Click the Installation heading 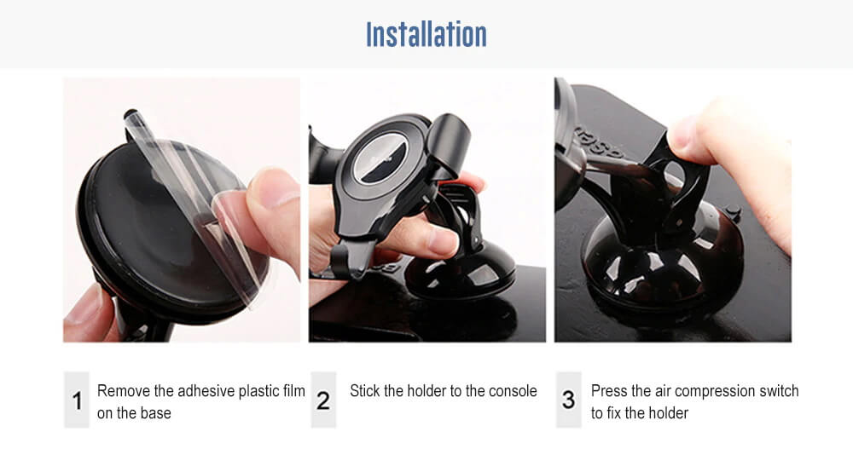pyautogui.click(x=426, y=34)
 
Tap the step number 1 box pyautogui.click(x=77, y=400)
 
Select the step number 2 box pyautogui.click(x=323, y=400)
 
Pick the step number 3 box pyautogui.click(x=568, y=400)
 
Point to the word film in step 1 pyautogui.click(x=293, y=391)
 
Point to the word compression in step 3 pyautogui.click(x=714, y=392)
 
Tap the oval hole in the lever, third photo pyautogui.click(x=675, y=173)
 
